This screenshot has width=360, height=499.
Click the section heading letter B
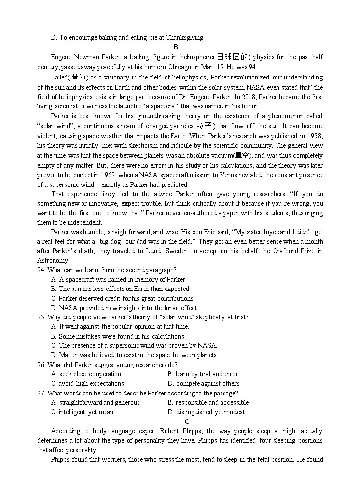[175, 47]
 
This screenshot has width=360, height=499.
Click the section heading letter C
[187, 421]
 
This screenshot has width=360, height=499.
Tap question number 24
[41, 270]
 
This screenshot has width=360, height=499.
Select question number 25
[41, 317]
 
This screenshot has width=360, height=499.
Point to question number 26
[41, 365]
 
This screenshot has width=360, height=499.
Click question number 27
[41, 393]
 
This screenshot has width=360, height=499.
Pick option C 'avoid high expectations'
[87, 384]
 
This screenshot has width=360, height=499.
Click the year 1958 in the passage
[315, 136]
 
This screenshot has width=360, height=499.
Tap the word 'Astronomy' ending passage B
[53, 261]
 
